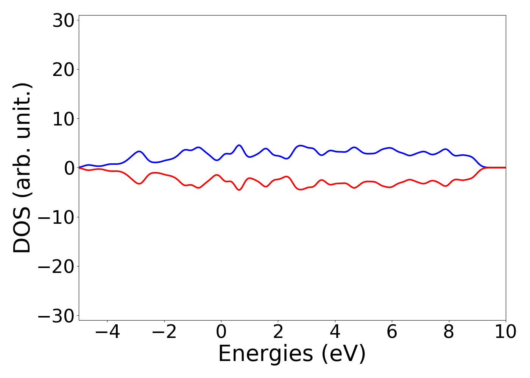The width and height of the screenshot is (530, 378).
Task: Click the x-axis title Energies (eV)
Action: pos(292,354)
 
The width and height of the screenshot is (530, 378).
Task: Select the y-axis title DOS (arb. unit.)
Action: pos(22,168)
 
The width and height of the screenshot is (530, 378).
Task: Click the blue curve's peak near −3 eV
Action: pos(139,152)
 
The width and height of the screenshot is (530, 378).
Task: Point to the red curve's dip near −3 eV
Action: pos(139,184)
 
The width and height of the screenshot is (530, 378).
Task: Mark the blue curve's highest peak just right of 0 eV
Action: pos(239,145)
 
